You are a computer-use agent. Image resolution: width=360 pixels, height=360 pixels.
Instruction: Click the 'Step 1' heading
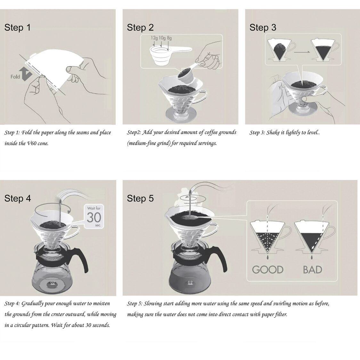(18, 28)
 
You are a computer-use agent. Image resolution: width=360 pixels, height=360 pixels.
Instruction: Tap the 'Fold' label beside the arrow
(15, 77)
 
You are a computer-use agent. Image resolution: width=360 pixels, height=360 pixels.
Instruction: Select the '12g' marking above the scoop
(154, 38)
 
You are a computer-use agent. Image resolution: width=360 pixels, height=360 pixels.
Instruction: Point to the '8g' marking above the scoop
(169, 38)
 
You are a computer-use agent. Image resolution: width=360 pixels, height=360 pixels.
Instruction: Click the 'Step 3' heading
(263, 28)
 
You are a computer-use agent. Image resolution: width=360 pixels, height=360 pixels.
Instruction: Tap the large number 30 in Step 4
(94, 217)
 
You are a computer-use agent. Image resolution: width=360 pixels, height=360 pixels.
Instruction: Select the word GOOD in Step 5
(268, 269)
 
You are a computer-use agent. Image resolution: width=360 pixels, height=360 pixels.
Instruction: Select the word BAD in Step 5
(312, 269)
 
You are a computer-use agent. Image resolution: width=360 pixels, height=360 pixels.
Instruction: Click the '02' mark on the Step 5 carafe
(190, 282)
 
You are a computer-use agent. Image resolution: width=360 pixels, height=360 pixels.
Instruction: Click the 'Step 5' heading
(140, 199)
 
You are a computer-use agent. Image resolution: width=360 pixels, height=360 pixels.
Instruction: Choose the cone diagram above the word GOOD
(267, 237)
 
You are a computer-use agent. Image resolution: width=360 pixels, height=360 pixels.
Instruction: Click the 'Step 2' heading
(140, 28)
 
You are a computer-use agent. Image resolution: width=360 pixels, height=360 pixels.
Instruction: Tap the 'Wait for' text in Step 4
(94, 208)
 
